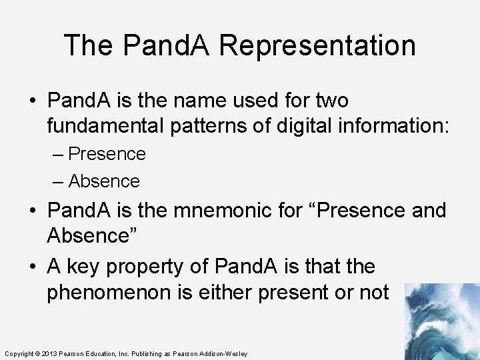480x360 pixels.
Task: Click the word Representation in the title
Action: pyautogui.click(x=317, y=45)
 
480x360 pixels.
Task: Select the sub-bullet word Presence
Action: pyautogui.click(x=107, y=154)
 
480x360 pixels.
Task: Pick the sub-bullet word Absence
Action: pyautogui.click(x=104, y=181)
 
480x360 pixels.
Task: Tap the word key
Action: pyautogui.click(x=83, y=267)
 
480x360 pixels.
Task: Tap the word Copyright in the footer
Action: pyautogui.click(x=19, y=353)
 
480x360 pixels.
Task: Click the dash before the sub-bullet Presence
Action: pyautogui.click(x=58, y=154)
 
